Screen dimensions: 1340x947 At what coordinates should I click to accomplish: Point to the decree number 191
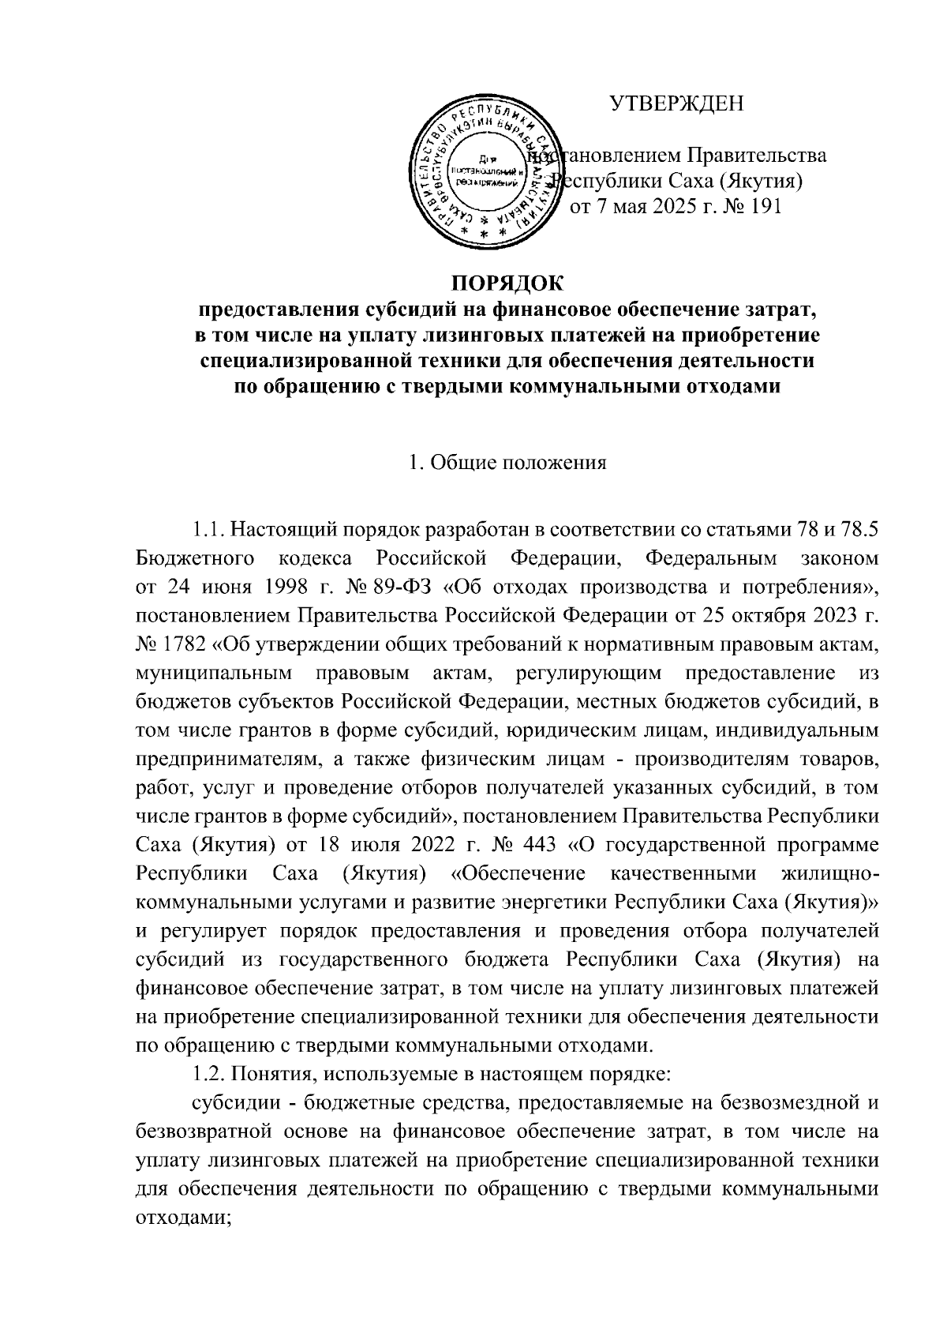click(764, 208)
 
